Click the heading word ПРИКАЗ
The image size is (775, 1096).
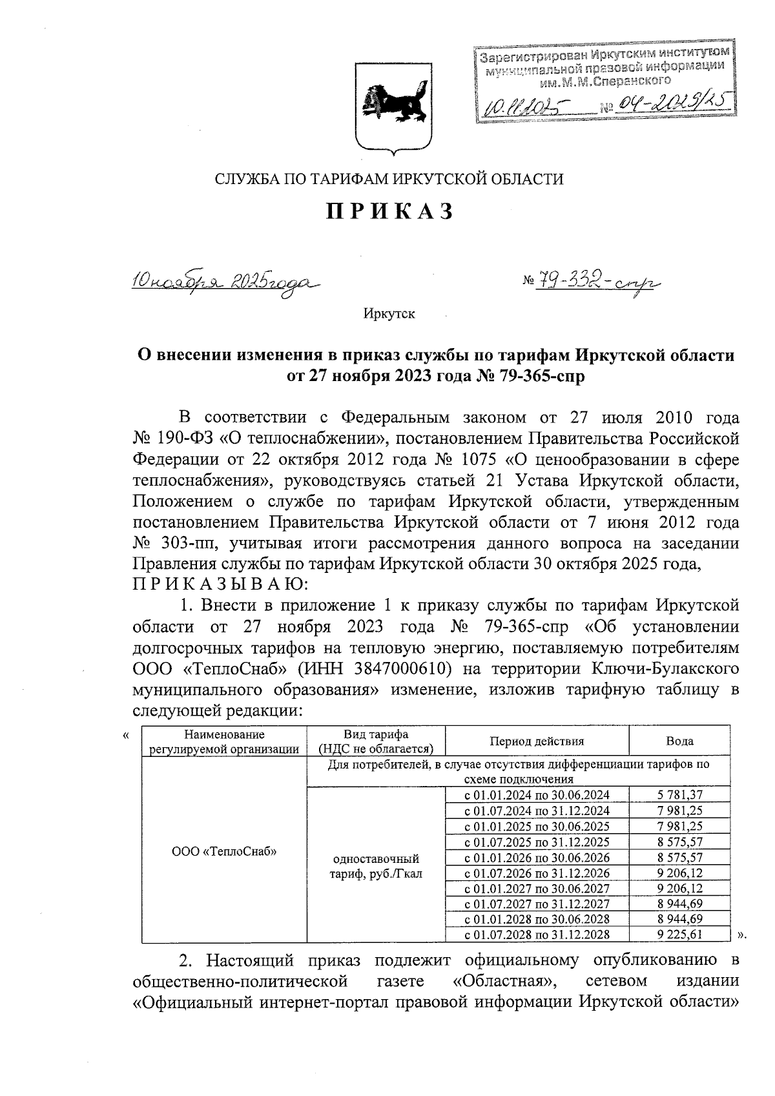[x=390, y=212]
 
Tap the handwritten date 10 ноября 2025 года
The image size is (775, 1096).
[x=225, y=282]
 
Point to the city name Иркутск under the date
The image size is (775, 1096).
[x=389, y=315]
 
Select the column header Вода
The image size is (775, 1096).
[x=679, y=741]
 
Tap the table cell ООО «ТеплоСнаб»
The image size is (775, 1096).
[x=224, y=851]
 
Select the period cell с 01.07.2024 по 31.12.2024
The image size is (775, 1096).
[x=537, y=811]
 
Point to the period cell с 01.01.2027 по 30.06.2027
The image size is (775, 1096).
[x=537, y=888]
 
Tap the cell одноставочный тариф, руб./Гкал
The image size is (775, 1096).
[x=376, y=866]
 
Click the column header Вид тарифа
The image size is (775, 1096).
[x=376, y=741]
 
